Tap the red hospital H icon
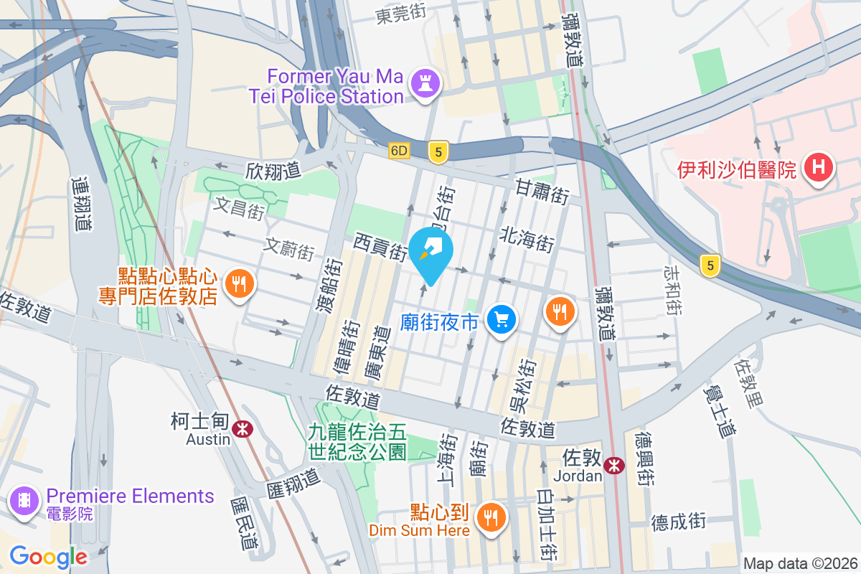click(819, 169)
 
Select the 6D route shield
click(399, 151)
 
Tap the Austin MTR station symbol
click(244, 428)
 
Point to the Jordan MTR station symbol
click(613, 465)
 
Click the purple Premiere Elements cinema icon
click(25, 500)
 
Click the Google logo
click(48, 557)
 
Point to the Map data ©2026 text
click(800, 563)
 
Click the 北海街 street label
click(527, 238)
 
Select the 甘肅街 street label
click(542, 191)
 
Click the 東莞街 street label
click(401, 14)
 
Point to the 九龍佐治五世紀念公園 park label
click(357, 441)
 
